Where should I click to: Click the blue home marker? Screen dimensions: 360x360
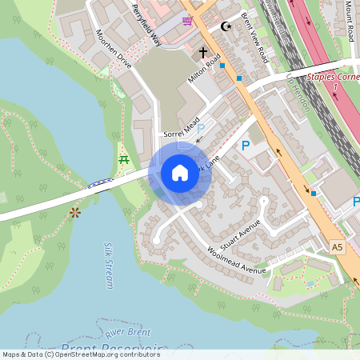coord(180,173)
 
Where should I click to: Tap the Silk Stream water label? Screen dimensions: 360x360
coord(110,264)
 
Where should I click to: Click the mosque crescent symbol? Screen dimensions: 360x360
coord(226,26)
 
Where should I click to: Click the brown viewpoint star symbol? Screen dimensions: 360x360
coord(75,212)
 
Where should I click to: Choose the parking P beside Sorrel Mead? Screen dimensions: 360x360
coord(201,128)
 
